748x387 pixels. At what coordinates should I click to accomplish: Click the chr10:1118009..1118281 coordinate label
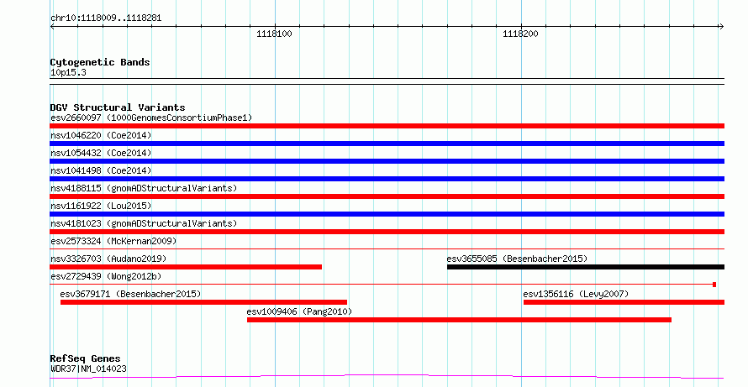point(106,18)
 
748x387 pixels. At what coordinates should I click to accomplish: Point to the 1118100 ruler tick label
point(274,34)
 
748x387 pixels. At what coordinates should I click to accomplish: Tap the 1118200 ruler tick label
point(520,34)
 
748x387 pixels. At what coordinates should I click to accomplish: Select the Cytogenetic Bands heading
point(100,62)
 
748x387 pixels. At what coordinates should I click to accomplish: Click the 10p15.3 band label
point(68,73)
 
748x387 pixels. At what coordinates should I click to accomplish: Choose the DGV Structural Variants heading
point(118,107)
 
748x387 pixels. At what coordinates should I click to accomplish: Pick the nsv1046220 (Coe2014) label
point(101,135)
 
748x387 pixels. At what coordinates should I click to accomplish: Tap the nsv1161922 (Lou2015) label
point(101,206)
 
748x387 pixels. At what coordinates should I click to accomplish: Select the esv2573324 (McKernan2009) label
point(113,241)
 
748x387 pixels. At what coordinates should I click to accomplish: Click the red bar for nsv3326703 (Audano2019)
point(186,267)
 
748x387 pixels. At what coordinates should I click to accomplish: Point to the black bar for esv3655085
point(586,267)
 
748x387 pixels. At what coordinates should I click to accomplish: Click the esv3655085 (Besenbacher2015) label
point(517,259)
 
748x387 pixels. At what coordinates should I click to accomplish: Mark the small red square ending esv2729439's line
point(714,285)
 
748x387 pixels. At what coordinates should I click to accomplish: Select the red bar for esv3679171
point(203,302)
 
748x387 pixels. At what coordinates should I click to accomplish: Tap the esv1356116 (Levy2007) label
point(576,294)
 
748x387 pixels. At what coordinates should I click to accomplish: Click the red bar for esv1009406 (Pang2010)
point(460,320)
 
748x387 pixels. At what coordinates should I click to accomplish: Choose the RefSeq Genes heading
point(86,358)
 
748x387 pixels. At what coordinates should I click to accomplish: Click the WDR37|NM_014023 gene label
point(88,369)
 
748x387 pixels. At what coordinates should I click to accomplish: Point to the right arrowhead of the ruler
point(722,27)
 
